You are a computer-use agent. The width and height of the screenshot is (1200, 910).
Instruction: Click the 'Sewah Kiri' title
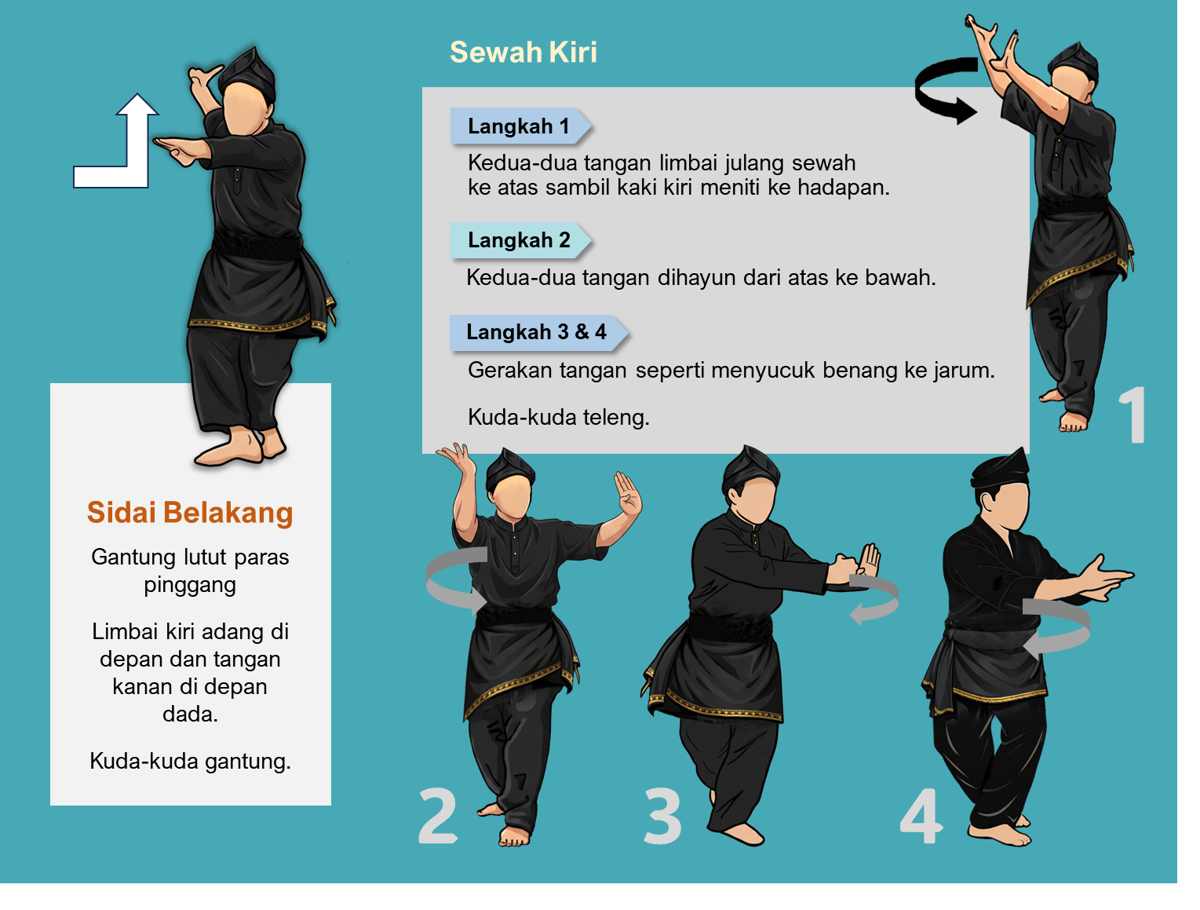pyautogui.click(x=523, y=53)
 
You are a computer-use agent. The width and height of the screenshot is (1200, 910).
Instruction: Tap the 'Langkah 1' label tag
pyautogui.click(x=520, y=126)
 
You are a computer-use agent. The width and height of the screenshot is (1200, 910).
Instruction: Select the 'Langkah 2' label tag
pyautogui.click(x=520, y=240)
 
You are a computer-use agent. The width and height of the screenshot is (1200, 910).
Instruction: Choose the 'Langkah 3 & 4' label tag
pyautogui.click(x=538, y=332)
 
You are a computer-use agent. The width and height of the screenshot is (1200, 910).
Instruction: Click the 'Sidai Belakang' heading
pyautogui.click(x=190, y=513)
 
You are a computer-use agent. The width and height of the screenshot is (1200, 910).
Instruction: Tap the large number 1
pyautogui.click(x=1132, y=415)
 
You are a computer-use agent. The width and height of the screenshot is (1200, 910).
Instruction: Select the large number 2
pyautogui.click(x=437, y=815)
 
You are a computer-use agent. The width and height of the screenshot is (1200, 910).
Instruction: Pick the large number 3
pyautogui.click(x=662, y=815)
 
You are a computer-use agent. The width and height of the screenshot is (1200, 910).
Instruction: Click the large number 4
pyautogui.click(x=921, y=815)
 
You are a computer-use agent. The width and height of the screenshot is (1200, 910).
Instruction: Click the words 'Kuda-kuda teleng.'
pyautogui.click(x=558, y=417)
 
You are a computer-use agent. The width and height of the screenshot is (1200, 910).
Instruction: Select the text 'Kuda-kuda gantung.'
pyautogui.click(x=190, y=761)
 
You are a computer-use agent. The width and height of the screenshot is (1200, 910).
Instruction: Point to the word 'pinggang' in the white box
pyautogui.click(x=190, y=585)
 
